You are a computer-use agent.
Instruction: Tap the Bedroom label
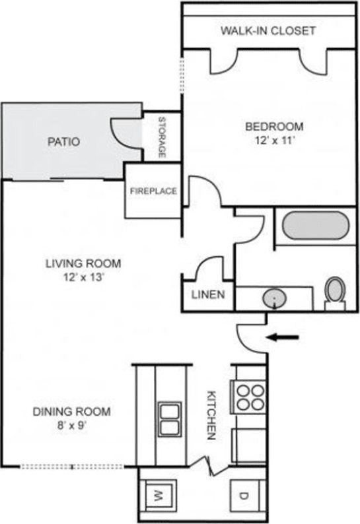[274, 126]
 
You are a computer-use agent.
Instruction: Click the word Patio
[64, 141]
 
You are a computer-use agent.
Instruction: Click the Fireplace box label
[153, 191]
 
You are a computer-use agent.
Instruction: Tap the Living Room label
[83, 263]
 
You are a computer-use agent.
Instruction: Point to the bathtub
[313, 226]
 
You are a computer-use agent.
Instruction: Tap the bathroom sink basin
[273, 299]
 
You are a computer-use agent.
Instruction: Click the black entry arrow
[283, 338]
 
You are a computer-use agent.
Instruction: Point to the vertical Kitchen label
[212, 415]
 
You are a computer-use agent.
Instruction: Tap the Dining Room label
[71, 412]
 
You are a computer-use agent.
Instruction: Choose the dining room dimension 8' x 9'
[71, 426]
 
